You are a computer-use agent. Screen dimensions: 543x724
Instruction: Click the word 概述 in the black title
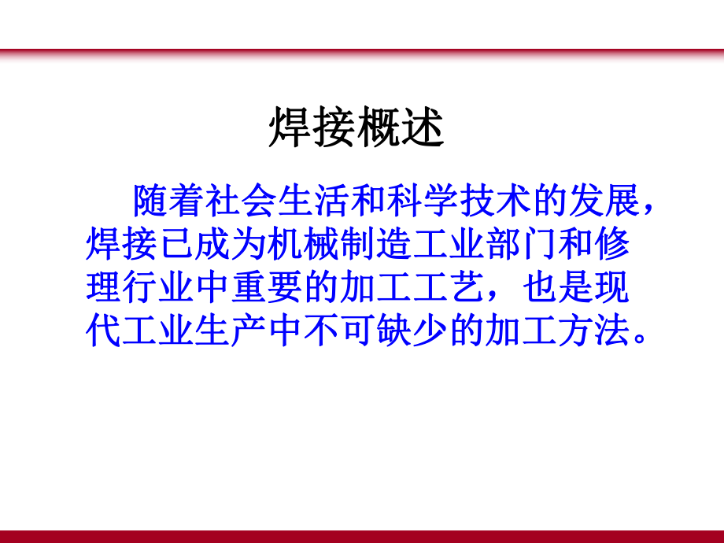(x=401, y=127)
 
